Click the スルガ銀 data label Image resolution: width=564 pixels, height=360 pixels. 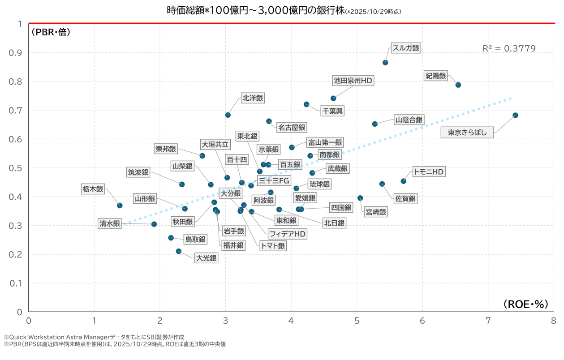pyautogui.click(x=406, y=48)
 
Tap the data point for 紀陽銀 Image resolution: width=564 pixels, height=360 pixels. pyautogui.click(x=458, y=85)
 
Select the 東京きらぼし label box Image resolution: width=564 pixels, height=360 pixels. pyautogui.click(x=467, y=133)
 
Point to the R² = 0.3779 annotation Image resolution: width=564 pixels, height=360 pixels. pyautogui.click(x=509, y=48)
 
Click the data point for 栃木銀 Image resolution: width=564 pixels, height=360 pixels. pyautogui.click(x=120, y=206)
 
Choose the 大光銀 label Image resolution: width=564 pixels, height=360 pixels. pyautogui.click(x=206, y=258)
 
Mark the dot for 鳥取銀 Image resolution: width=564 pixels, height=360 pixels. pyautogui.click(x=171, y=238)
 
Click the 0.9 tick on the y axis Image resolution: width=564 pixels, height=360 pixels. pyautogui.click(x=16, y=53)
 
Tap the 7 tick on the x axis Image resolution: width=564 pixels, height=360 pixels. pyautogui.click(x=488, y=321)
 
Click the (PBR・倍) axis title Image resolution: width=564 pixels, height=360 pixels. pyautogui.click(x=51, y=32)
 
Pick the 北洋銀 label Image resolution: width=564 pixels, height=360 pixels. pyautogui.click(x=253, y=98)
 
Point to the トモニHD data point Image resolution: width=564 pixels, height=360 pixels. pyautogui.click(x=403, y=181)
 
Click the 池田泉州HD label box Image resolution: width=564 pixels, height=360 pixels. pyautogui.click(x=353, y=81)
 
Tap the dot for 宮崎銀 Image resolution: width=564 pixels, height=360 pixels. pyautogui.click(x=360, y=198)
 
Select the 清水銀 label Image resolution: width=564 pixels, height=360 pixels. pyautogui.click(x=110, y=223)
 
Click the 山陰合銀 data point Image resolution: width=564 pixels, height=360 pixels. pyautogui.click(x=375, y=124)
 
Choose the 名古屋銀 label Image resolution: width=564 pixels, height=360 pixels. pyautogui.click(x=292, y=128)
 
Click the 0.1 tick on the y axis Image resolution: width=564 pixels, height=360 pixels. pyautogui.click(x=16, y=283)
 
